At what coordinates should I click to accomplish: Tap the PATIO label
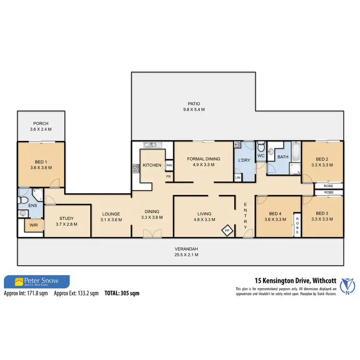click(194, 103)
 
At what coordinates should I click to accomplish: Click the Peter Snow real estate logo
click(37, 281)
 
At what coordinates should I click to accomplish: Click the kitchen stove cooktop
click(136, 168)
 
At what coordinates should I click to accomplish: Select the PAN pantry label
click(169, 166)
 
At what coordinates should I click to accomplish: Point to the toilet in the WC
click(261, 147)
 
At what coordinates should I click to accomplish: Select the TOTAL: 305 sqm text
click(122, 292)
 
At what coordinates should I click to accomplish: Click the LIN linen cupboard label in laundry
click(238, 178)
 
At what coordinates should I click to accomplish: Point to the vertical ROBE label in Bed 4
click(297, 225)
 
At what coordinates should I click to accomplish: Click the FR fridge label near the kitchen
click(168, 177)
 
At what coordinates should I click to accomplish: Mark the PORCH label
click(40, 123)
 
